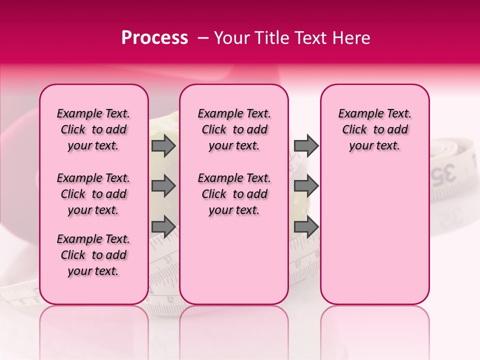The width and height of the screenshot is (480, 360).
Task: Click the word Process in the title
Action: (x=154, y=38)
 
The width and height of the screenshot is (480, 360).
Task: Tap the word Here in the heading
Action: (x=351, y=38)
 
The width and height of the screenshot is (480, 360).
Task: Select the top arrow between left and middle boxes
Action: (x=163, y=145)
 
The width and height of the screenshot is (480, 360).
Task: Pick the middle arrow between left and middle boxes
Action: (x=163, y=186)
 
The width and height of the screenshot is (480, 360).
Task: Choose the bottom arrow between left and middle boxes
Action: (x=163, y=226)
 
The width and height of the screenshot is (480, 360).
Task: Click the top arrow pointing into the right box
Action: (x=306, y=145)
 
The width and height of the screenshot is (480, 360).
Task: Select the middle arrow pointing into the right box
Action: (x=306, y=186)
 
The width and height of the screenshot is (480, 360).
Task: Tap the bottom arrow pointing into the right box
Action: (x=306, y=226)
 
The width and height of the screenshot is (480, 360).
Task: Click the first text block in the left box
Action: (x=93, y=129)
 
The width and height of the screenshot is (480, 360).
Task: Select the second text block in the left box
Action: (x=93, y=194)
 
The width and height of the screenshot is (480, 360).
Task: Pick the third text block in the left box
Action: (x=93, y=255)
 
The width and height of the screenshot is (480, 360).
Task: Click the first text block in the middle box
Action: (x=234, y=129)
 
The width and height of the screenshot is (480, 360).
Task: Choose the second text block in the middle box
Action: (x=234, y=194)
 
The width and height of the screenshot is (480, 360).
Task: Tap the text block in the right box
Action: (x=375, y=129)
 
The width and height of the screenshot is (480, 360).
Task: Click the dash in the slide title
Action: (x=203, y=38)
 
